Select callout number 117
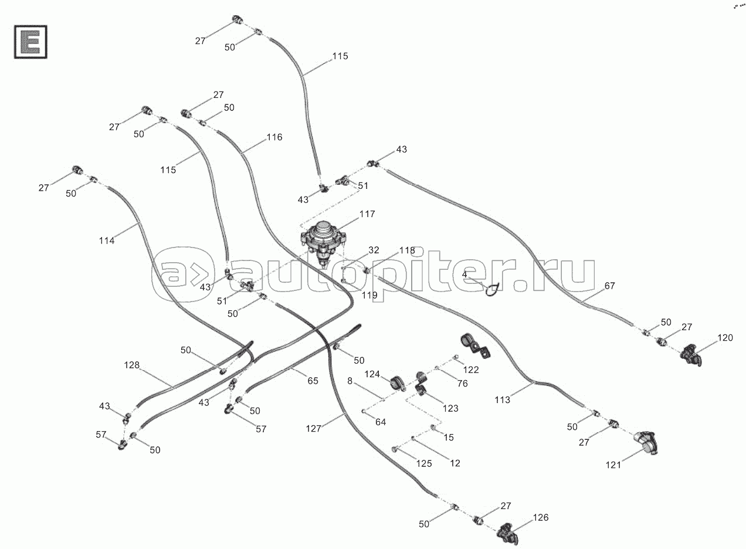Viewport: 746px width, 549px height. (367, 214)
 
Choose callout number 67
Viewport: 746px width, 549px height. (610, 286)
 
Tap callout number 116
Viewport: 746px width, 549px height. (274, 137)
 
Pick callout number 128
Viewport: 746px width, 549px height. (132, 365)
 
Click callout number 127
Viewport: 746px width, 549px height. (314, 429)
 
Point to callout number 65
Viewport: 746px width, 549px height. (313, 381)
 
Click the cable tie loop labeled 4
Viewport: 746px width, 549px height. (491, 287)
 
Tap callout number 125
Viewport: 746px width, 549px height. (423, 463)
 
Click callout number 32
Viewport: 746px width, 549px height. (374, 250)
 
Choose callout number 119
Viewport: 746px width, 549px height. (369, 295)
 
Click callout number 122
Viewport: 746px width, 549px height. (470, 370)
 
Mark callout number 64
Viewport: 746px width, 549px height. (381, 421)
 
